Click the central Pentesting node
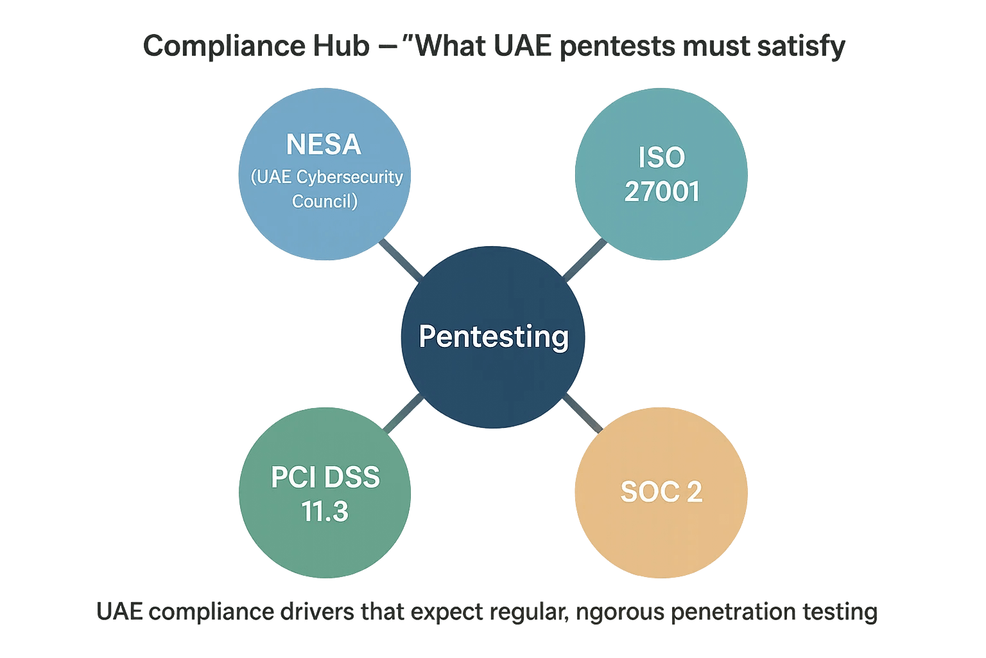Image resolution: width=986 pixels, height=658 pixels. [x=493, y=337]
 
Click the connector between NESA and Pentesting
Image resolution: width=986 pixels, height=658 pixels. [x=401, y=260]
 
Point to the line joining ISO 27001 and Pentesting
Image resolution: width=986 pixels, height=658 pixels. [x=584, y=260]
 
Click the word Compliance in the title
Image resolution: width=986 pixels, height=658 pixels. [x=224, y=47]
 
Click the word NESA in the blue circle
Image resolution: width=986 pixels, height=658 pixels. [x=324, y=145]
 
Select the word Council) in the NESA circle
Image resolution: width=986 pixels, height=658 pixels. [x=325, y=201]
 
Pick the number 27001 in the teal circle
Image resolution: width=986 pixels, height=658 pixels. [x=661, y=191]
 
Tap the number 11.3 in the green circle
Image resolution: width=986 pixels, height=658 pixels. [x=325, y=511]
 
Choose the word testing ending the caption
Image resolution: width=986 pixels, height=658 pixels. [x=840, y=612]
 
